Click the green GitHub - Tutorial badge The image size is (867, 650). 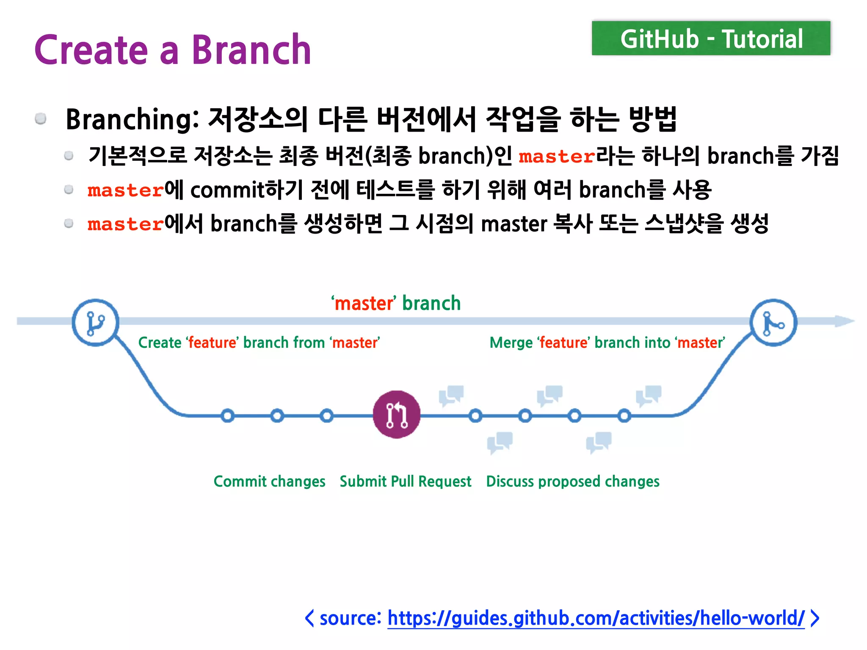tap(711, 39)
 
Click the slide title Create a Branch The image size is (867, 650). tap(173, 50)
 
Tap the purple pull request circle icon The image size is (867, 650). tap(397, 414)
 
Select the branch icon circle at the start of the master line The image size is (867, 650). tap(95, 323)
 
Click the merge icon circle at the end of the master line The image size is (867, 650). tap(773, 323)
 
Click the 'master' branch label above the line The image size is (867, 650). tap(396, 303)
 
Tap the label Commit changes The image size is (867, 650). tap(269, 482)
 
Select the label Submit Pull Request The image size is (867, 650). tap(405, 482)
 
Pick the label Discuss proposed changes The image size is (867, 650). tap(573, 482)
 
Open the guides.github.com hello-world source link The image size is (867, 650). tap(596, 618)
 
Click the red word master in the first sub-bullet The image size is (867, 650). tap(557, 157)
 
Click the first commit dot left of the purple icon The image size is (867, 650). tap(228, 416)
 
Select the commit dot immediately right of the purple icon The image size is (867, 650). tap(475, 416)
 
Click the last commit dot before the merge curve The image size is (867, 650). tap(624, 416)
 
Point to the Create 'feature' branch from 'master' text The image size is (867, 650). tap(259, 342)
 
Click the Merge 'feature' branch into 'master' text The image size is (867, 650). tap(607, 342)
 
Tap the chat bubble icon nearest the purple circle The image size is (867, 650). tap(451, 395)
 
